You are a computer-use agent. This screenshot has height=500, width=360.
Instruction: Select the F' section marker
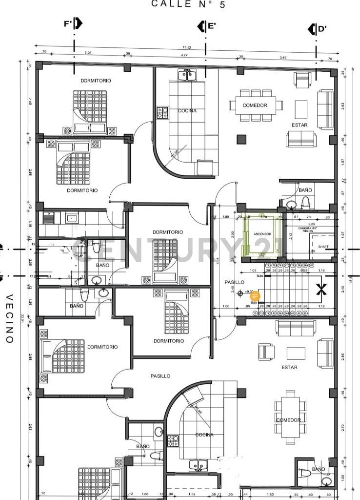click(x=73, y=24)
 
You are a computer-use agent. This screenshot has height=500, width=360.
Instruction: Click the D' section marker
click(x=318, y=29)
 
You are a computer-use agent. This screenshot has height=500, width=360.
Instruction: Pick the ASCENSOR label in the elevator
click(x=262, y=234)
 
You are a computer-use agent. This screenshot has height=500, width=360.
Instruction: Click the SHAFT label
click(x=323, y=247)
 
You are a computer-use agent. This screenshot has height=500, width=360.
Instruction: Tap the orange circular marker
click(x=255, y=296)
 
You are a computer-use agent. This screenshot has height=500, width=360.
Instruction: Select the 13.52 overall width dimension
click(x=186, y=47)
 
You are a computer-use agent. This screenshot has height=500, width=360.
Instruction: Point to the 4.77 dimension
click(x=184, y=56)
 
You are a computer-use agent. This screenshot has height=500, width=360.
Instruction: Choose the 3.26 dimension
click(x=88, y=52)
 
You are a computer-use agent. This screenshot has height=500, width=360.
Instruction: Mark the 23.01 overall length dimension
click(x=22, y=318)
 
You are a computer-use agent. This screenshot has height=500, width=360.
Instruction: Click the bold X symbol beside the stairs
click(x=321, y=290)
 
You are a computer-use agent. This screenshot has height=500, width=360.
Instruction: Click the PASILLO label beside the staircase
click(x=234, y=283)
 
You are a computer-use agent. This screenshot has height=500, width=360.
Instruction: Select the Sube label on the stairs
click(x=260, y=276)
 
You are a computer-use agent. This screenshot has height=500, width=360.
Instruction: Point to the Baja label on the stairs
click(x=254, y=303)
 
